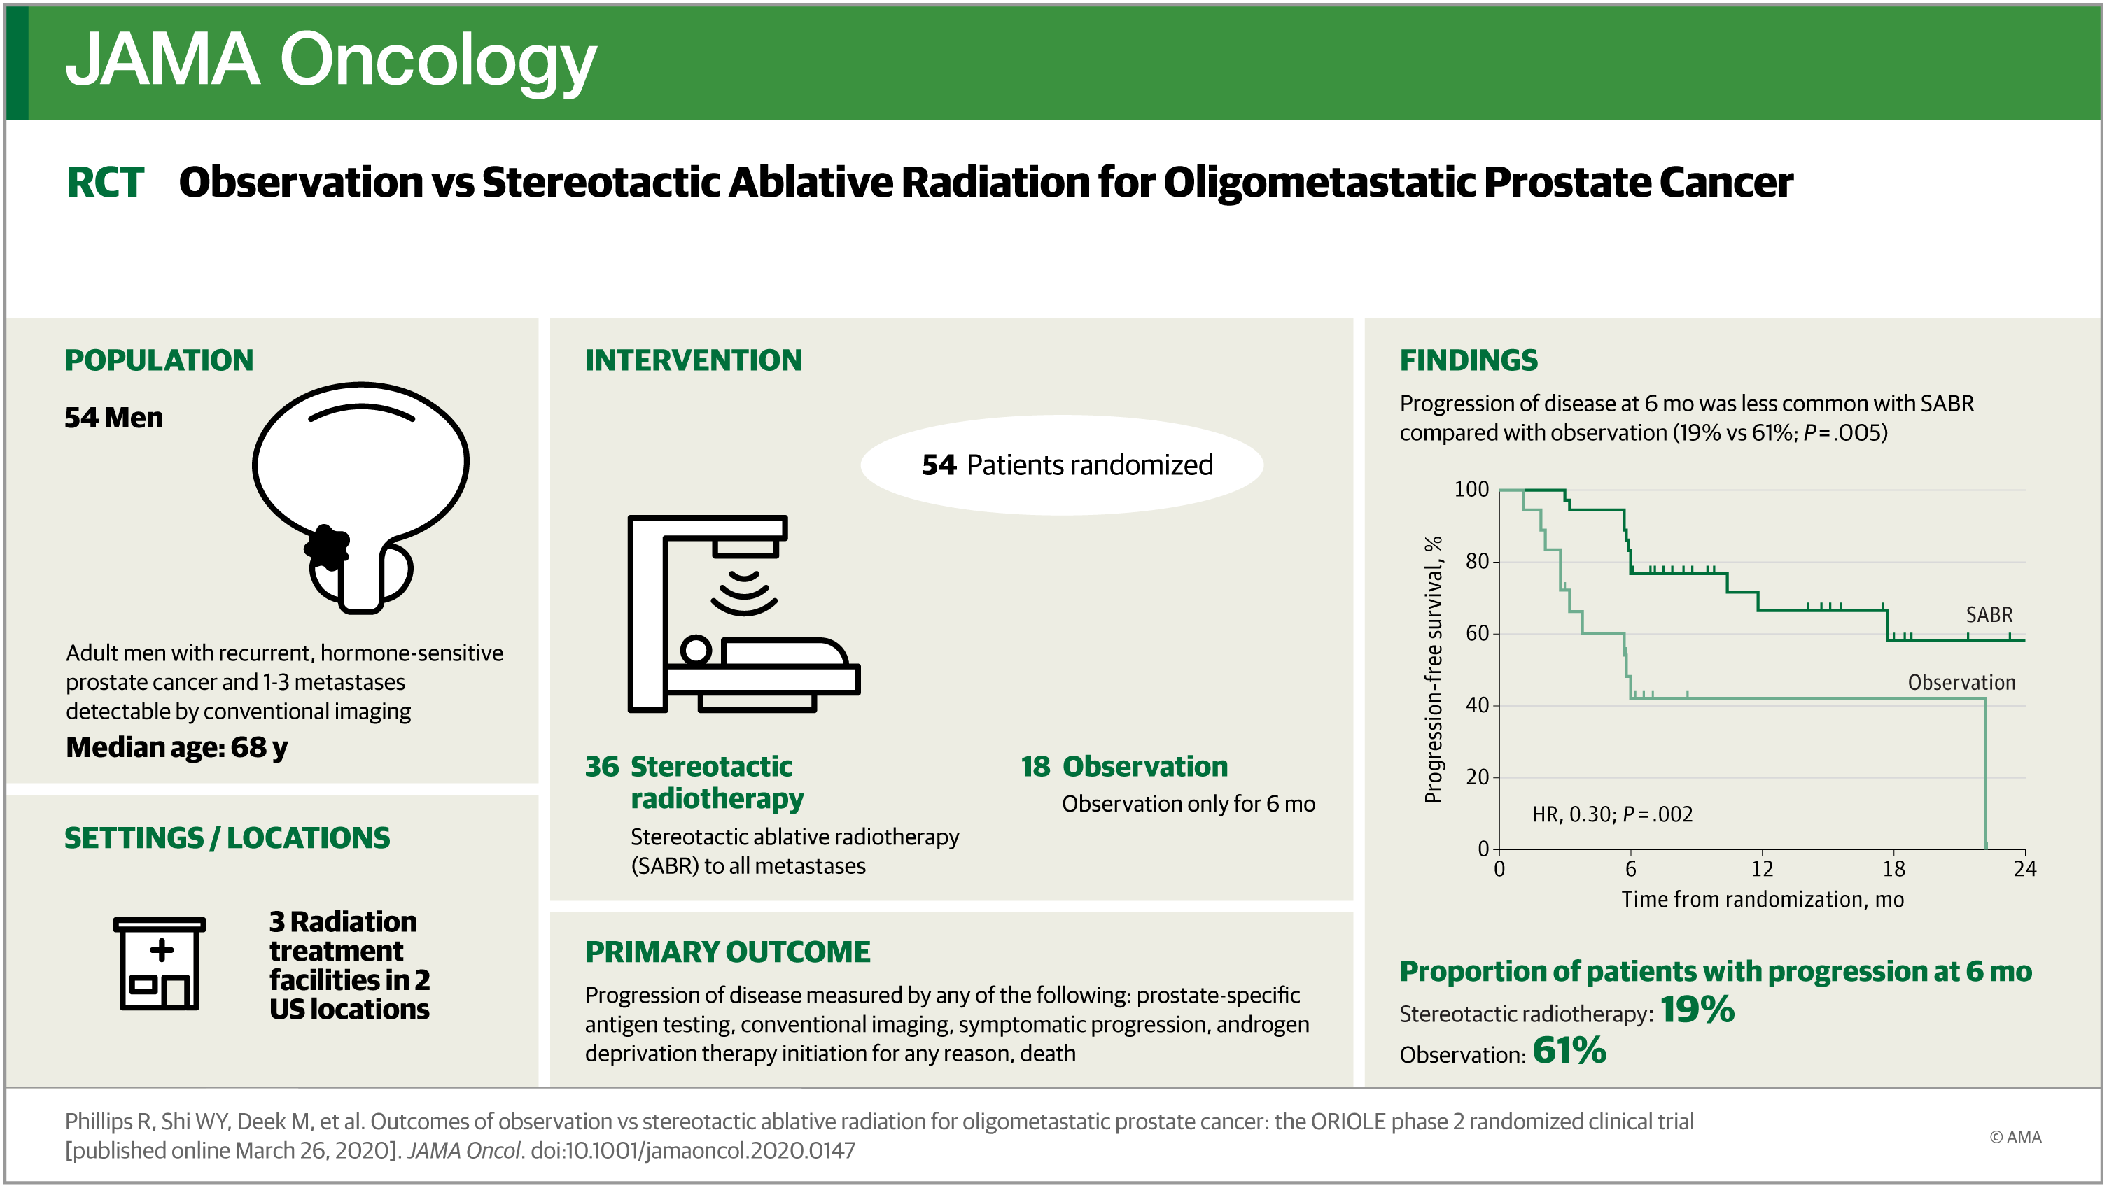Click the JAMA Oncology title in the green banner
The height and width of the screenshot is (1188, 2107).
[x=330, y=62]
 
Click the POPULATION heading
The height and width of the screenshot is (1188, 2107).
[x=159, y=360]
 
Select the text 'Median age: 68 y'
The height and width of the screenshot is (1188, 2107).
[x=176, y=747]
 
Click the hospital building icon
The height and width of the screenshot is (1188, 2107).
[x=160, y=964]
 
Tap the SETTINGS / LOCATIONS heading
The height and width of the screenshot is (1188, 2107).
[x=227, y=838]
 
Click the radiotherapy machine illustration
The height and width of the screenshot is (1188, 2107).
[x=743, y=613]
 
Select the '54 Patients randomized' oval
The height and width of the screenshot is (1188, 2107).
[x=1062, y=465]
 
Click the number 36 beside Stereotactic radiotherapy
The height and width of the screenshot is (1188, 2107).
[x=602, y=767]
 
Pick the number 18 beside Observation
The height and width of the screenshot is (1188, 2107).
[x=1035, y=767]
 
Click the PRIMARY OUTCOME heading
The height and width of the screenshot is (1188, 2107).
[x=727, y=952]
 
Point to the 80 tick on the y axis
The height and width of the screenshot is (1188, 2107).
[x=1477, y=561]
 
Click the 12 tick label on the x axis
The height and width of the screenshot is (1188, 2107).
[x=1762, y=868]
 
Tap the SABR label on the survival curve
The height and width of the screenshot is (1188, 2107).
[x=1989, y=615]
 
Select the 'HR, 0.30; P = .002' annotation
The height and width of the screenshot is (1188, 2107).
[x=1612, y=814]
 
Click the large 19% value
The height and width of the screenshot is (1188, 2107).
[x=1697, y=1009]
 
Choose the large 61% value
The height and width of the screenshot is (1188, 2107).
[x=1569, y=1051]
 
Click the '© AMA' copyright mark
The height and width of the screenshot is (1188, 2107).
[x=2015, y=1138]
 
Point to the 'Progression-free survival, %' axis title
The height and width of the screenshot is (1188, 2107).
[x=1433, y=670]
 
